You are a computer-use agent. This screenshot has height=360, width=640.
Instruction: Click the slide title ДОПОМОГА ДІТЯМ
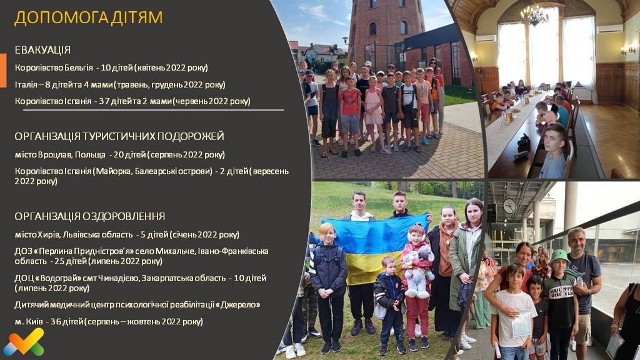point(89,18)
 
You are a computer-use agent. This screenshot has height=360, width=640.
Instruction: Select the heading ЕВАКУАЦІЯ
point(43,50)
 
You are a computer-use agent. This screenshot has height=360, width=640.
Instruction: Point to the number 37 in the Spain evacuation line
point(104,101)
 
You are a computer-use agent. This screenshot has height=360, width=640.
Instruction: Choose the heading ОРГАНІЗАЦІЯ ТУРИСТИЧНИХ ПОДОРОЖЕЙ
point(119,136)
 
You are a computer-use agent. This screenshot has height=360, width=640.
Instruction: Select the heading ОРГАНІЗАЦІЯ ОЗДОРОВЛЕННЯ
point(90,216)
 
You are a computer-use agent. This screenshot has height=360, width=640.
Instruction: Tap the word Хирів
point(49,235)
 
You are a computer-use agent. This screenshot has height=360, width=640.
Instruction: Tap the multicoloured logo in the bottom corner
point(24,342)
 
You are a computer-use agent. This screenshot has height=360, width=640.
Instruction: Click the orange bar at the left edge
point(3,70)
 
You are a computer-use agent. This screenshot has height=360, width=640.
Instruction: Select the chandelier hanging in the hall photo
point(534,14)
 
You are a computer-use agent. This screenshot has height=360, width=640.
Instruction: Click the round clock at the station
point(509,206)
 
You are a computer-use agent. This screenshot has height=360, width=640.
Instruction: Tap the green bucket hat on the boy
point(559,257)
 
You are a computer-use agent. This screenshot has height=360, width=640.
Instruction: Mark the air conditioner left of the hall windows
point(486,38)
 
